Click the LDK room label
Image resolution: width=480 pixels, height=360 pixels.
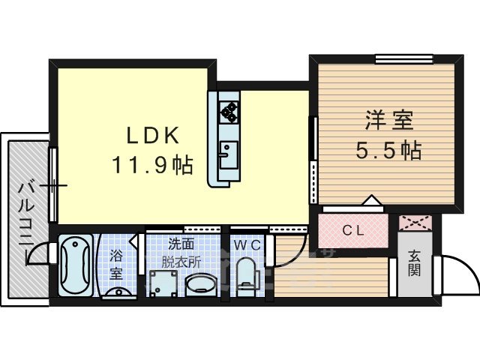click(151, 136)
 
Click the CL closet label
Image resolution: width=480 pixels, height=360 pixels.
click(353, 231)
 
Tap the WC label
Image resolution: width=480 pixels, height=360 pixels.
click(245, 244)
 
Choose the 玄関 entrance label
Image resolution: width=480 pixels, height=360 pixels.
click(414, 262)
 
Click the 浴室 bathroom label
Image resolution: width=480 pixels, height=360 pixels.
click(117, 264)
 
